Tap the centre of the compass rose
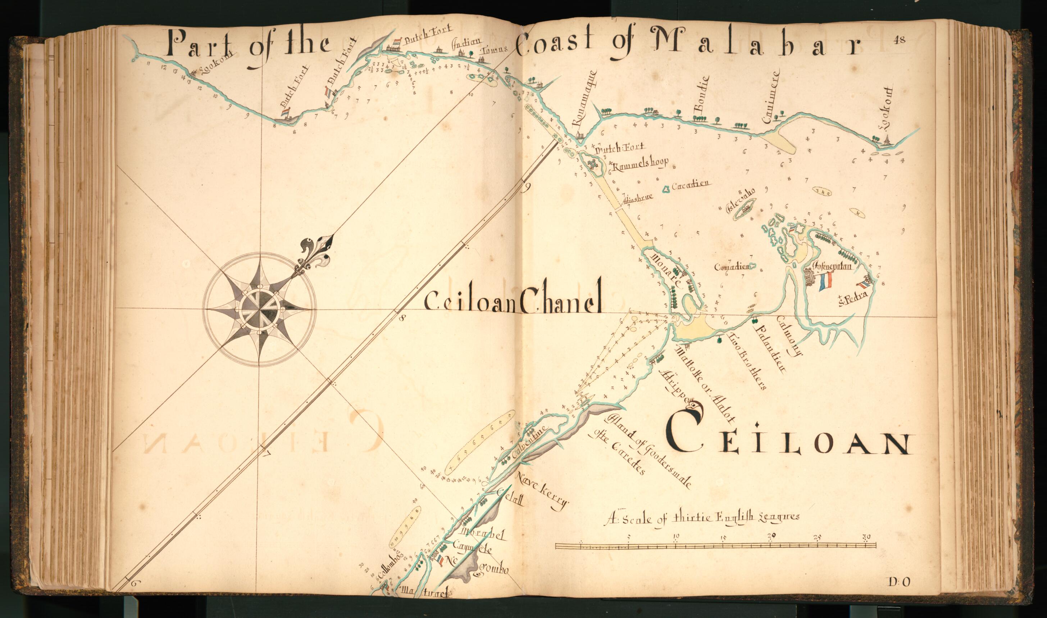(x=259, y=309)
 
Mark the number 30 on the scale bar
(x=866, y=536)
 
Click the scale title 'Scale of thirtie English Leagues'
(x=701, y=518)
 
